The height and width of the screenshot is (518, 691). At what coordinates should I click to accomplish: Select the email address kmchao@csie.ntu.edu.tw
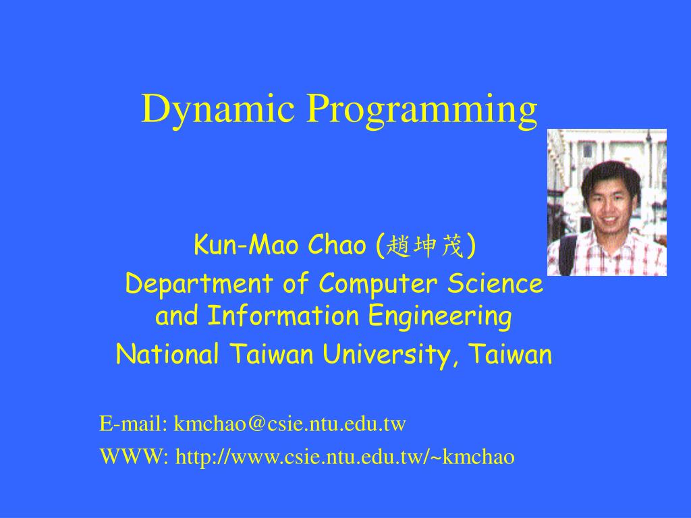click(x=289, y=424)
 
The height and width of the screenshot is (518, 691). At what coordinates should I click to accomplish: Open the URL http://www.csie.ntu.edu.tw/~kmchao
click(x=345, y=457)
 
